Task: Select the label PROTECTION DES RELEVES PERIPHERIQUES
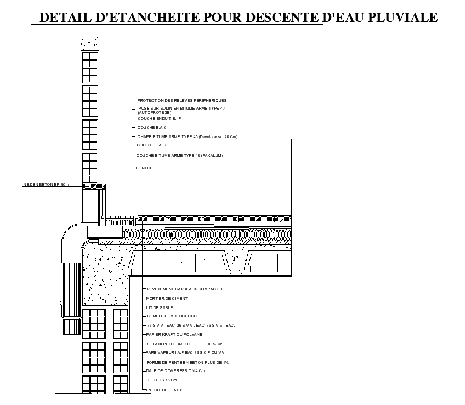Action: pyautogui.click(x=182, y=101)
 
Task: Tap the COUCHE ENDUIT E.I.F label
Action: pyautogui.click(x=159, y=118)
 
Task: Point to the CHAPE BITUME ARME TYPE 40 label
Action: pyautogui.click(x=187, y=136)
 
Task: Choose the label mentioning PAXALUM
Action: pyautogui.click(x=179, y=156)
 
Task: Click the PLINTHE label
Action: pyautogui.click(x=145, y=168)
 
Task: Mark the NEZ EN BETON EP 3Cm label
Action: pyautogui.click(x=46, y=185)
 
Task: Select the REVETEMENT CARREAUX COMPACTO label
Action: pyautogui.click(x=184, y=289)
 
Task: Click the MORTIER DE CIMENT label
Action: pyautogui.click(x=167, y=299)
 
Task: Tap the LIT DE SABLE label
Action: pyautogui.click(x=160, y=308)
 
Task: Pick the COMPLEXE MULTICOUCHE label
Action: pyautogui.click(x=173, y=316)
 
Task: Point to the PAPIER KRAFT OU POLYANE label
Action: pyautogui.click(x=174, y=334)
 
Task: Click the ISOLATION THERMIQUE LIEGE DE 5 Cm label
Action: pyautogui.click(x=184, y=344)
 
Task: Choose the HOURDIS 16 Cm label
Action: pyautogui.click(x=162, y=380)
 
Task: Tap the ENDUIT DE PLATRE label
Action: pyautogui.click(x=165, y=390)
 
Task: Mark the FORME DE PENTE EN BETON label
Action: pyautogui.click(x=188, y=362)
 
